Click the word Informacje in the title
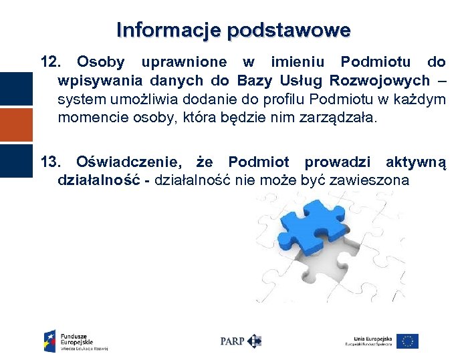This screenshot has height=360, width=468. pos(168,30)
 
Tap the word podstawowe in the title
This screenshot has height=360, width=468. pos(287,31)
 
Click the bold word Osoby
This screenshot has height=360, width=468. pos(100,63)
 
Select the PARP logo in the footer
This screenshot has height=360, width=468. pos(241,341)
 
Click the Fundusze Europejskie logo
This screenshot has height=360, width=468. pos(76,341)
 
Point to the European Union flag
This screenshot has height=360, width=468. pos(407,341)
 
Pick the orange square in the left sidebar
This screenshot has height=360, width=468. pos(15,125)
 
